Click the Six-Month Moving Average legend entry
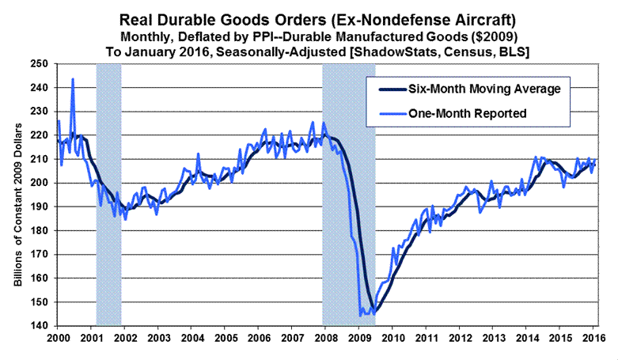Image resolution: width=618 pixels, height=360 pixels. (472, 89)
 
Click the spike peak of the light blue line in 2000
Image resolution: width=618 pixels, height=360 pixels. (73, 79)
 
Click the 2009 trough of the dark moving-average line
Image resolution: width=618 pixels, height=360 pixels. (373, 313)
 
